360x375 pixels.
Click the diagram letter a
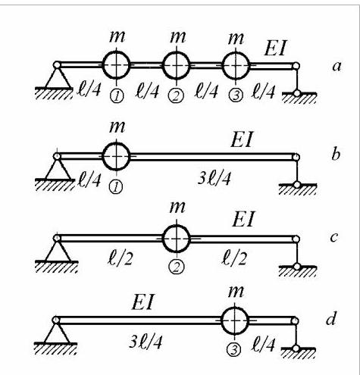[337, 67]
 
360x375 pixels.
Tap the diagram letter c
[334, 238]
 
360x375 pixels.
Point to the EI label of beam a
[274, 48]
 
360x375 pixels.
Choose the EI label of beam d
[142, 303]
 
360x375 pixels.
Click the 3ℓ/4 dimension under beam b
[214, 179]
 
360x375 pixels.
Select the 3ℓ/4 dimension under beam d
[145, 342]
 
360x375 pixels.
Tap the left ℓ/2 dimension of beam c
[120, 258]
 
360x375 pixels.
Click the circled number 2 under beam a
[176, 96]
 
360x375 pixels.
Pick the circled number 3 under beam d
[235, 350]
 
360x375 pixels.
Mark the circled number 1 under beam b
[116, 187]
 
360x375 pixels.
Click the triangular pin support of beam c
[58, 249]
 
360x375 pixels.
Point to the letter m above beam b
[117, 127]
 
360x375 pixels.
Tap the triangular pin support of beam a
[58, 76]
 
